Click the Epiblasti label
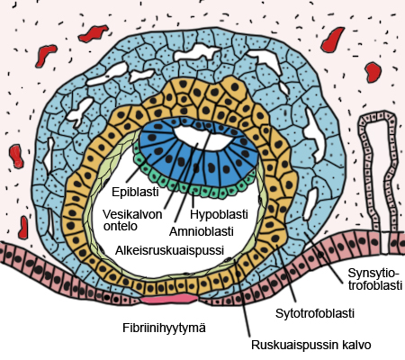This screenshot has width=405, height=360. point(135,192)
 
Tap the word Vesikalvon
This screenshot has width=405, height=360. point(132,214)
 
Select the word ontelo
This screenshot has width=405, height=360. point(121,226)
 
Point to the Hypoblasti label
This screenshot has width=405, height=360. point(219,214)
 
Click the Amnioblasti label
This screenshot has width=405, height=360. point(202,231)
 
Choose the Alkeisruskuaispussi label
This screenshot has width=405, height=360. point(170,250)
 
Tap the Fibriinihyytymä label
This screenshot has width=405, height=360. point(164,328)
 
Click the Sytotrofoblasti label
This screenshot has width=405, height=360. point(315,313)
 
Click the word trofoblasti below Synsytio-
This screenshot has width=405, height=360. point(375,285)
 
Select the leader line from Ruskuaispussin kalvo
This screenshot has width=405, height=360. point(243,299)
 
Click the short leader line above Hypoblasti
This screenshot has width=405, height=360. point(193,200)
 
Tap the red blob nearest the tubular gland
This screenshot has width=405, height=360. point(373,72)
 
